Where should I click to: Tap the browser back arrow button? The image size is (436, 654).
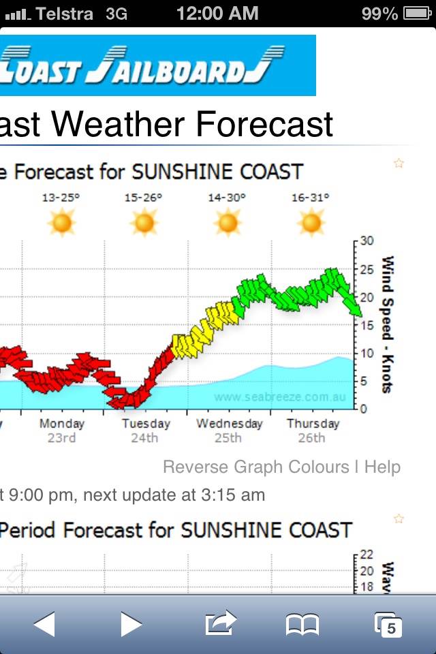[44, 623]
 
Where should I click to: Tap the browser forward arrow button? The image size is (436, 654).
[131, 623]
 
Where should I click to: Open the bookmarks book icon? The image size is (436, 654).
[302, 623]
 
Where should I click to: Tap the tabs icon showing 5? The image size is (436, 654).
[388, 624]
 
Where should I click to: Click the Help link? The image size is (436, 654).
[382, 467]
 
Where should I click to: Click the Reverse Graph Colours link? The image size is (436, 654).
[255, 467]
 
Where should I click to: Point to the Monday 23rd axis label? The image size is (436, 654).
[62, 430]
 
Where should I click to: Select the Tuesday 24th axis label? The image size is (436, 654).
[144, 430]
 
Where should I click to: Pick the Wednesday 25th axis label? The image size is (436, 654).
[229, 430]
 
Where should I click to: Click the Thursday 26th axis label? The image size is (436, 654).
[313, 430]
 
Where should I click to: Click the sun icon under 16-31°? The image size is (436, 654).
[311, 222]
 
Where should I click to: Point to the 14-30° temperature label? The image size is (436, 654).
[227, 198]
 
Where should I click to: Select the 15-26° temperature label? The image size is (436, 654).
[143, 198]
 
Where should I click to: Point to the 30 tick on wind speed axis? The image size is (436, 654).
[367, 240]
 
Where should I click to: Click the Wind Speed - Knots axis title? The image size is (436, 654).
[388, 324]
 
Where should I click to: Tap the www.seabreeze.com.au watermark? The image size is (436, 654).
[279, 396]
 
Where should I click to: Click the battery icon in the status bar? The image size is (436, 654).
[417, 13]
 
